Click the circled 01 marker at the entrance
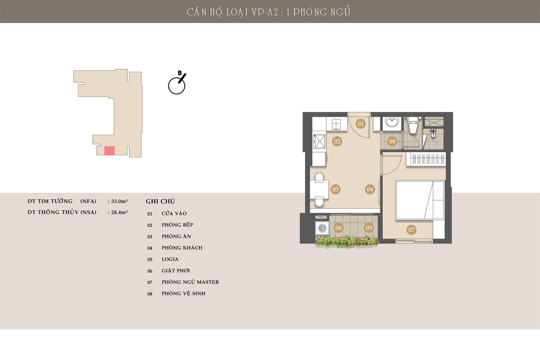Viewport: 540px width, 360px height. [x=360, y=124]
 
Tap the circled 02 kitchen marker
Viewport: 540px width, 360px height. [x=337, y=141]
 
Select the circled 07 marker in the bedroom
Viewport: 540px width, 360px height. [x=411, y=230]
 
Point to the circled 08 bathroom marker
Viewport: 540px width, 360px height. [x=392, y=141]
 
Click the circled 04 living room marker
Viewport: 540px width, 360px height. [x=370, y=189]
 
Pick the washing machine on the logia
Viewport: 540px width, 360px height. [x=322, y=228]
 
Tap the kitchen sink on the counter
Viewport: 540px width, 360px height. [x=319, y=141]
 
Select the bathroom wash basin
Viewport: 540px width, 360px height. [x=392, y=122]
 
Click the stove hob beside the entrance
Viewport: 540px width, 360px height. [x=336, y=124]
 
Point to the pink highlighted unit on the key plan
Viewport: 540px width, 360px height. [x=109, y=150]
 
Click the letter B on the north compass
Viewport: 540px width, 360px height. [x=180, y=73]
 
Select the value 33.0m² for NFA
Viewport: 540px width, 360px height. [x=119, y=201]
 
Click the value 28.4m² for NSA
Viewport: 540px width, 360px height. [x=119, y=212]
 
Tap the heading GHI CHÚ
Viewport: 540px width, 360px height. [x=160, y=201]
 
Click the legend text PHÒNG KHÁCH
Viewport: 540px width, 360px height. [x=182, y=247]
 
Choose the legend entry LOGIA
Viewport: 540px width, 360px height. [x=170, y=259]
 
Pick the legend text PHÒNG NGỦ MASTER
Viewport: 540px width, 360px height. [x=190, y=282]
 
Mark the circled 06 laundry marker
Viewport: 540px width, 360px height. [x=338, y=227]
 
